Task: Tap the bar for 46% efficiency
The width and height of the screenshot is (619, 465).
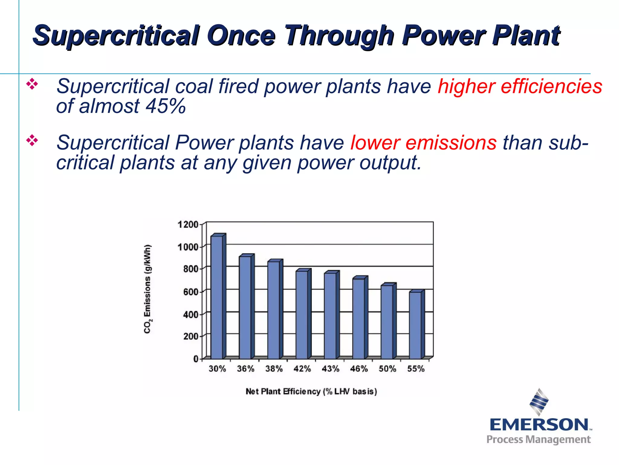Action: click(358, 318)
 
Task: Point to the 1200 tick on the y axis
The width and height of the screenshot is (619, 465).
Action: click(188, 225)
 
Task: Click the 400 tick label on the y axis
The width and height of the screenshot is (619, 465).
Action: click(191, 315)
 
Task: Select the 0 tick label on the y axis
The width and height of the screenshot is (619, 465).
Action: click(196, 359)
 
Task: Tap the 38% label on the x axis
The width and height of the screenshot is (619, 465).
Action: click(274, 369)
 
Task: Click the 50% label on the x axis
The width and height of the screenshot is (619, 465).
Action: click(387, 369)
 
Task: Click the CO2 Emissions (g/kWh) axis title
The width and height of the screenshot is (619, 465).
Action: click(147, 289)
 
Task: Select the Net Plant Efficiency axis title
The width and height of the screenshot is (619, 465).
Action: click(311, 391)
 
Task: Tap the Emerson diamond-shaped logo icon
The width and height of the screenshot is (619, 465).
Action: click(539, 402)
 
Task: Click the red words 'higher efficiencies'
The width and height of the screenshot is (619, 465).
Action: click(520, 86)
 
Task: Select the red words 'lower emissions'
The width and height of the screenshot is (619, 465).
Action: click(423, 143)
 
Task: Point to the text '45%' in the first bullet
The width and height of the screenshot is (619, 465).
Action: click(165, 106)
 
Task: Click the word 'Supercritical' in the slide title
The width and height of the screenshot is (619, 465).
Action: click(116, 35)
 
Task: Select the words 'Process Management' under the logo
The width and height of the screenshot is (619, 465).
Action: click(538, 439)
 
